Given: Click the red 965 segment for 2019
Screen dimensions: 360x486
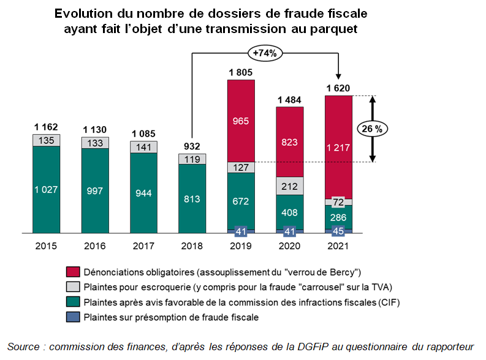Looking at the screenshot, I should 241,121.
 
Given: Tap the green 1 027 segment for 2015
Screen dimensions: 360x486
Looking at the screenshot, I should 46,189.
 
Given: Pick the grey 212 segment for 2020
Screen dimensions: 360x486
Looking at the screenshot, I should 290,186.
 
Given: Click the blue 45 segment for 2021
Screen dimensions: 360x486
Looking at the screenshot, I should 338,231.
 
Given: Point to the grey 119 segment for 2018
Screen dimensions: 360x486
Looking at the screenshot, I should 192,159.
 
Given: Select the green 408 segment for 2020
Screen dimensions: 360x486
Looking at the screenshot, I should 290,212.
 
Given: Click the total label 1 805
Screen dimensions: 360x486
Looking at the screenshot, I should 241,72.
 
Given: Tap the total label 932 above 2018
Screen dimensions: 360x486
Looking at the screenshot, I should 192,146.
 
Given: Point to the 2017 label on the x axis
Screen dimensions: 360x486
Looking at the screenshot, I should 144,246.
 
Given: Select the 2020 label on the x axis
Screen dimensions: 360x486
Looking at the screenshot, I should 290,246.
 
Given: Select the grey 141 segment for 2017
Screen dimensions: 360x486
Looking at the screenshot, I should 144,147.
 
